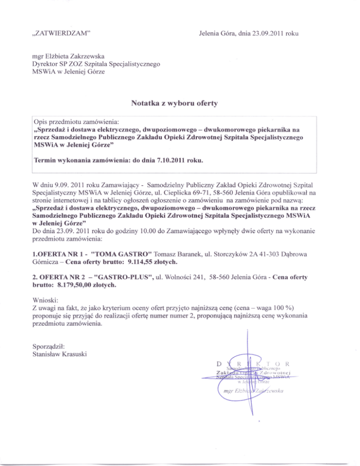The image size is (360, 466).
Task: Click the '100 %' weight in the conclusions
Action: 280,307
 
